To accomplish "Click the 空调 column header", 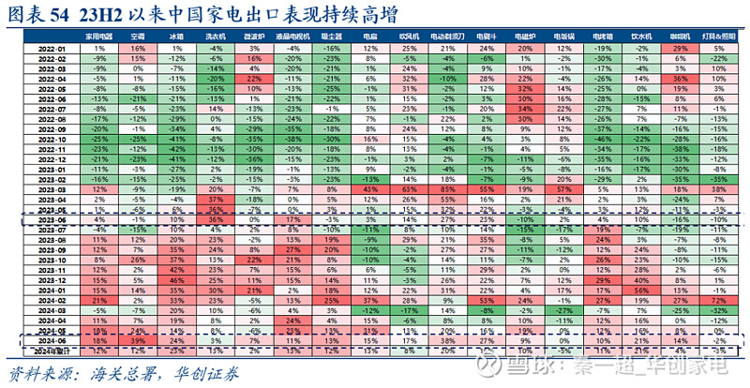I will point(138,35).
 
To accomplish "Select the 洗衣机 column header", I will point(215,35).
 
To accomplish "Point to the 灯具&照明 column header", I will point(718,35).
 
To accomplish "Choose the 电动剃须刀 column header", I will point(447,35).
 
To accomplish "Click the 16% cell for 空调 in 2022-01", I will point(138,47).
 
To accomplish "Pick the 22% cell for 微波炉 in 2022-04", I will point(253,80).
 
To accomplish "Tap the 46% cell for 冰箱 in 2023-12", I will point(176,279).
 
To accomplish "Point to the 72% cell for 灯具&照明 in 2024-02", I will point(718,300).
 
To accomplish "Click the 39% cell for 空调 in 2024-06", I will point(138,341).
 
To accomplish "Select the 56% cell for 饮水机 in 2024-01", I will point(641,290).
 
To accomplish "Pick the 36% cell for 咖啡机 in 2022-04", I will point(680,80).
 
